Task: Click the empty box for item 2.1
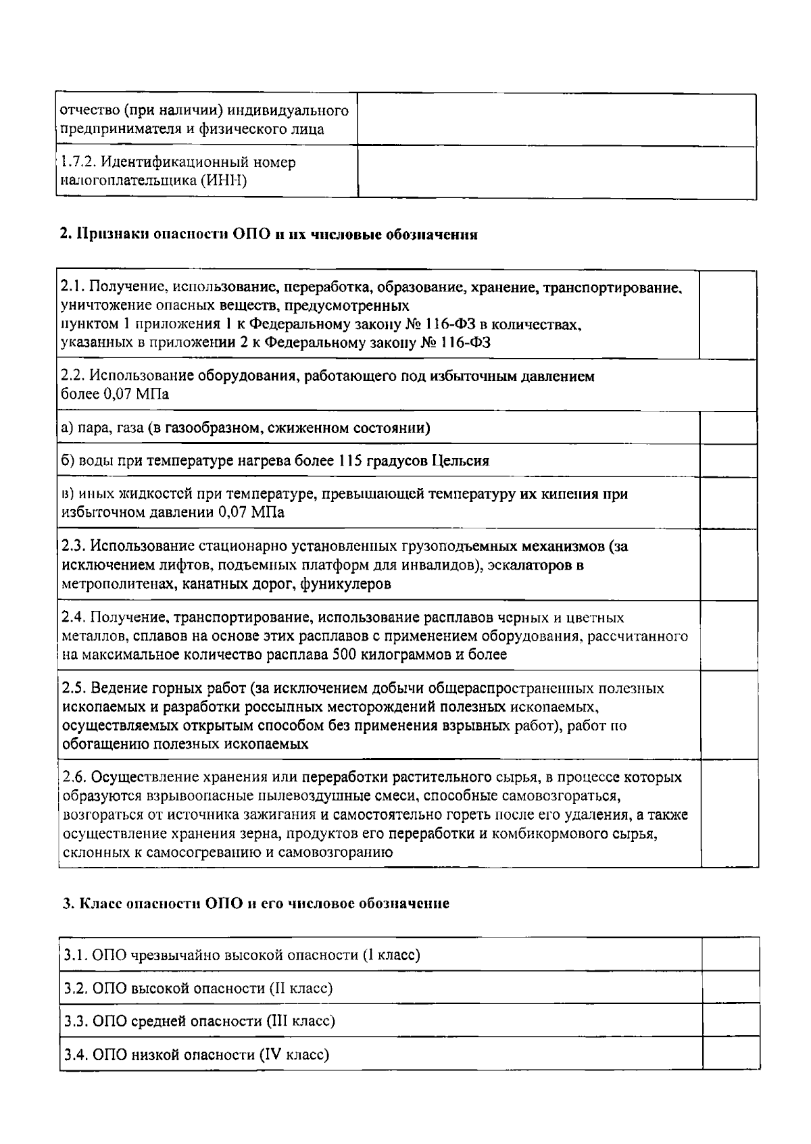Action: tap(728, 315)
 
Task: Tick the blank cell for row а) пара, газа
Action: tap(728, 428)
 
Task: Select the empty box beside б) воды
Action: tap(728, 461)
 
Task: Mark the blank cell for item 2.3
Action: tap(728, 565)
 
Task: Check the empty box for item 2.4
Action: tap(728, 636)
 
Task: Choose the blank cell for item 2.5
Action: tap(728, 716)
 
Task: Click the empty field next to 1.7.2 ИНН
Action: tap(556, 172)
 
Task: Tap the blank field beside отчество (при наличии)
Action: tap(556, 120)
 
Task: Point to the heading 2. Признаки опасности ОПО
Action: tap(269, 235)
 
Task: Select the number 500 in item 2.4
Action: tap(345, 654)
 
